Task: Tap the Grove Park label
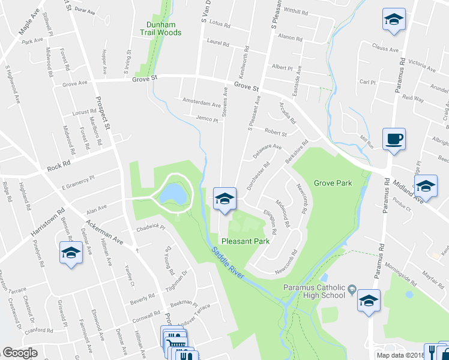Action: click(x=331, y=182)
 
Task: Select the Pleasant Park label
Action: click(x=245, y=241)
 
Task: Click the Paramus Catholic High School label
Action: click(x=315, y=290)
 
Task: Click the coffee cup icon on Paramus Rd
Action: click(x=394, y=140)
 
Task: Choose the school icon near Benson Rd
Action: click(x=70, y=253)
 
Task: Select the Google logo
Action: click(x=20, y=353)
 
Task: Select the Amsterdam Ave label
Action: click(x=197, y=103)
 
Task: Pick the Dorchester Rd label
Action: click(x=258, y=175)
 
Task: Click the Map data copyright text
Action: click(x=412, y=355)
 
